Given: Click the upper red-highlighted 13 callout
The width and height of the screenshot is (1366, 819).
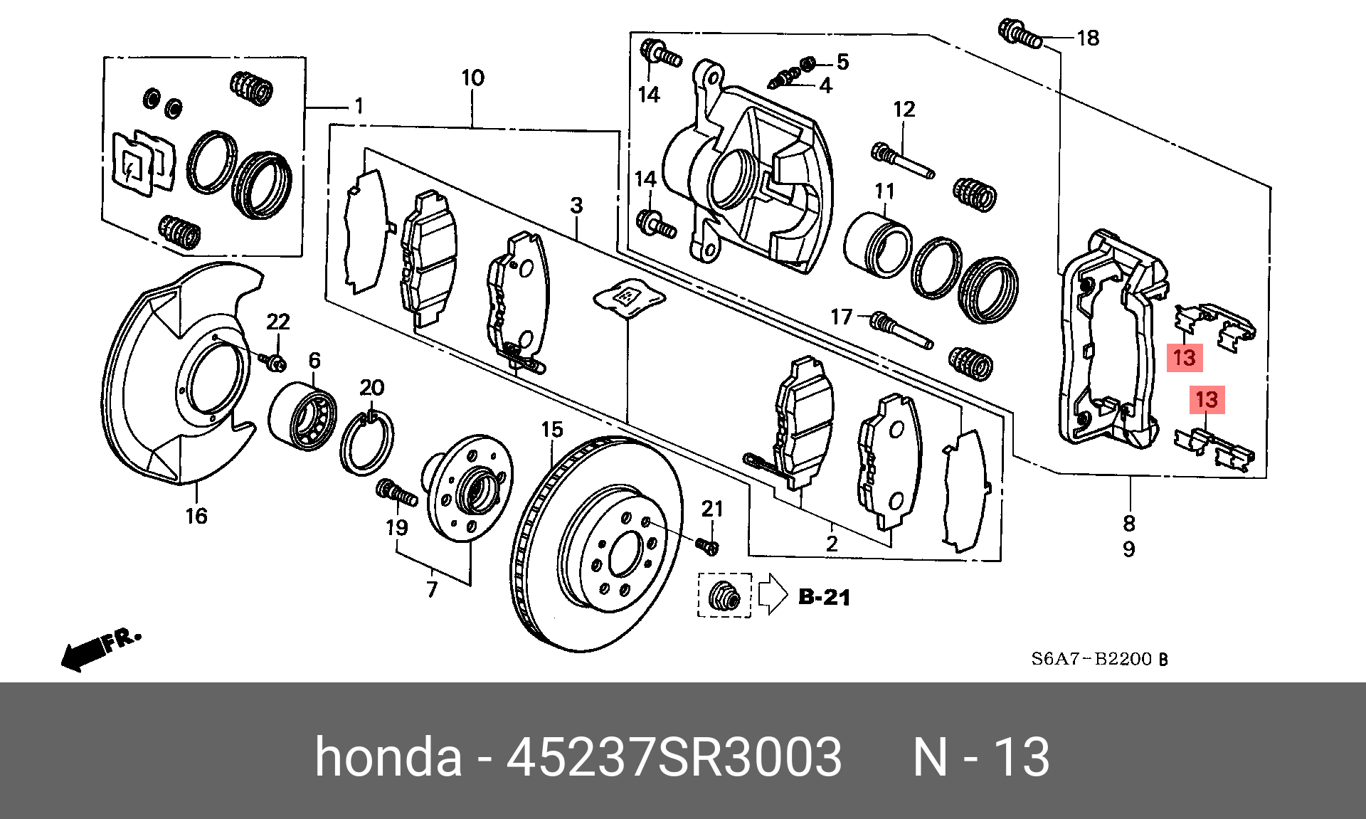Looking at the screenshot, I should tap(1185, 357).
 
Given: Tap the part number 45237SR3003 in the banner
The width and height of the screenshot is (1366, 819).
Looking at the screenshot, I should tap(674, 756).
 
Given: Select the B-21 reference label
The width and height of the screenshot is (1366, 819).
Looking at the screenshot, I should tap(824, 597).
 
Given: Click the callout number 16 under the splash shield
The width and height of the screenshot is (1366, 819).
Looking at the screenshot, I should tap(196, 516).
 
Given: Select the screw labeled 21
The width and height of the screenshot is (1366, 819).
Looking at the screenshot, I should tap(707, 546).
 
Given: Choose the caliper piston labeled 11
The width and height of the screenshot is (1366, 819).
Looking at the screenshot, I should tap(877, 245).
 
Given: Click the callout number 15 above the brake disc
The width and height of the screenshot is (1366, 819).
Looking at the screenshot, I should tap(551, 430).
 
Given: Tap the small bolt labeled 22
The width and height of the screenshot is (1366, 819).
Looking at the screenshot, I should tap(275, 363).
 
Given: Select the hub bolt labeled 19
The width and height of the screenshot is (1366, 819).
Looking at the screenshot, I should tap(396, 493).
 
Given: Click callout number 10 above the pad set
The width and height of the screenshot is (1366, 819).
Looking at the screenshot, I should tap(472, 78).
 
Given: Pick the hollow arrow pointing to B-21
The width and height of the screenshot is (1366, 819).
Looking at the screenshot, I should tap(773, 593).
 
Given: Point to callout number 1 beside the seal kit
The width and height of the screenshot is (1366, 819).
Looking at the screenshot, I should tap(359, 106).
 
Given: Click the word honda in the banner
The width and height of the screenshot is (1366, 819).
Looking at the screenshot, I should tap(388, 756).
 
